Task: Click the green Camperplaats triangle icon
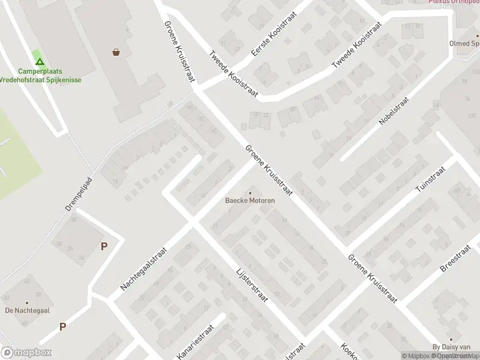tap(39, 61)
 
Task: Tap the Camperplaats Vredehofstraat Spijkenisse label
tap(40, 75)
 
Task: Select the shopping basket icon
tap(116, 52)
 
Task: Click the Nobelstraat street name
tap(394, 111)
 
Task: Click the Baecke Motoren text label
tap(250, 200)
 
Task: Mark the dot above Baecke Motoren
tap(250, 193)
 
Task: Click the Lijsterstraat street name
tap(252, 284)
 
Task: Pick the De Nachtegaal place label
tap(27, 310)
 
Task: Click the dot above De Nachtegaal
tap(27, 302)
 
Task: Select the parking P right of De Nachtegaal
tap(62, 327)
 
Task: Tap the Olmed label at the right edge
tap(464, 43)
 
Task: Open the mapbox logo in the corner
tap(26, 353)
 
